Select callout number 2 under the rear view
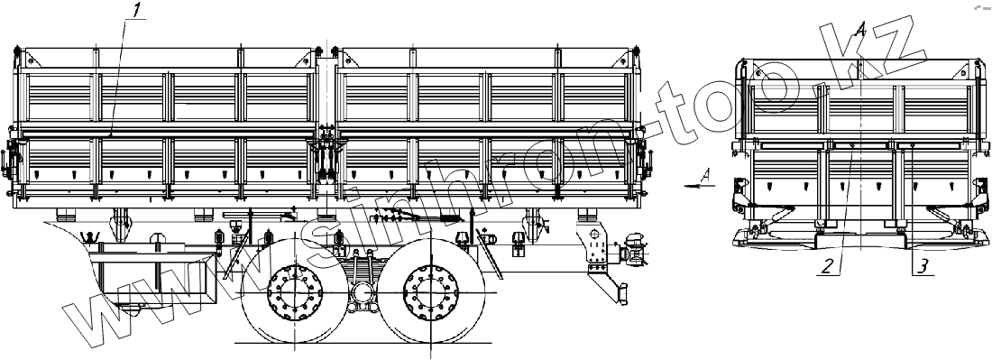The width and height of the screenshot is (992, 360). [x=829, y=266]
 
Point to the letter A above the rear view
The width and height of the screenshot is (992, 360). [x=859, y=28]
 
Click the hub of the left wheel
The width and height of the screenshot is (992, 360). [x=295, y=292]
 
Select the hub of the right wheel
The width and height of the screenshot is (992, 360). [x=430, y=292]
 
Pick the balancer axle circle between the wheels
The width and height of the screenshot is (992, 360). [x=362, y=293]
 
